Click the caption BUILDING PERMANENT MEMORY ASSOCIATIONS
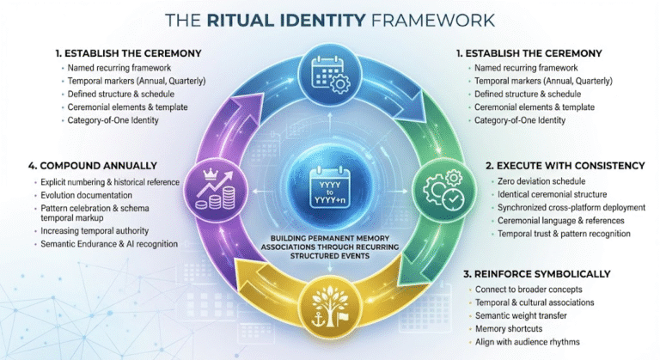(x=330, y=238)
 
